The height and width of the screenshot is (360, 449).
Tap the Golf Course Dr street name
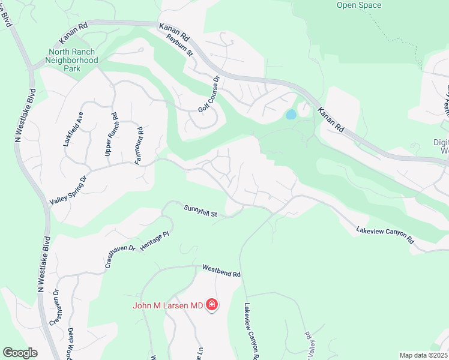209,94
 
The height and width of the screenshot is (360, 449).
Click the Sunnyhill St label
200,210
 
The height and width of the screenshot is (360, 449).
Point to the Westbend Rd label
221,271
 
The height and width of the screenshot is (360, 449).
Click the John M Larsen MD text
168,306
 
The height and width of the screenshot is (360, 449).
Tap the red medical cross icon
211,305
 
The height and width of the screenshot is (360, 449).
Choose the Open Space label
358,5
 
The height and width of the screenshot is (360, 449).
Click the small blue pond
291,114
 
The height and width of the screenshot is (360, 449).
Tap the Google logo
20,352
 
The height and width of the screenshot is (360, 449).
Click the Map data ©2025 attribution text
423,355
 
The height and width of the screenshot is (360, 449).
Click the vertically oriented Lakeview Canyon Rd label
250,330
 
